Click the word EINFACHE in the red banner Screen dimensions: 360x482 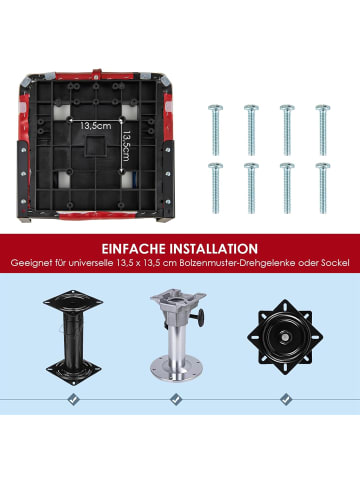pos(133,249)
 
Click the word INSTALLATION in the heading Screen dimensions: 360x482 pos(214,249)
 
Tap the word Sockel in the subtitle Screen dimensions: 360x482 pos(335,263)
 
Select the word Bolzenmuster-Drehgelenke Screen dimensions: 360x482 pos(238,263)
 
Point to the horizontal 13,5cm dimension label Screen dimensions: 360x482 pos(96,126)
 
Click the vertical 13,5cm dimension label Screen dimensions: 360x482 pos(126,146)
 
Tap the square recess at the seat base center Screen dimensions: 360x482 pos(95,146)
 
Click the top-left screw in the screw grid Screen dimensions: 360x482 pos(216,130)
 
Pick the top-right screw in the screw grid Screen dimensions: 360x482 pos(323,130)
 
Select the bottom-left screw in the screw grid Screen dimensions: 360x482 pos(216,188)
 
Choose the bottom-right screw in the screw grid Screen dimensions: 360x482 pos(323,188)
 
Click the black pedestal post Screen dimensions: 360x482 pos(73,338)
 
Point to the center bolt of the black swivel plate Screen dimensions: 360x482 pos(285,337)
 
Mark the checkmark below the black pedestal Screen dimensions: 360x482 pos(73,399)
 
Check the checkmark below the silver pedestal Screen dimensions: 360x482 pos(176,399)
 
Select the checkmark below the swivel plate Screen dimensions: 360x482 pos(286,399)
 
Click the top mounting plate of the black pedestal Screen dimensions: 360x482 pos(73,302)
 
